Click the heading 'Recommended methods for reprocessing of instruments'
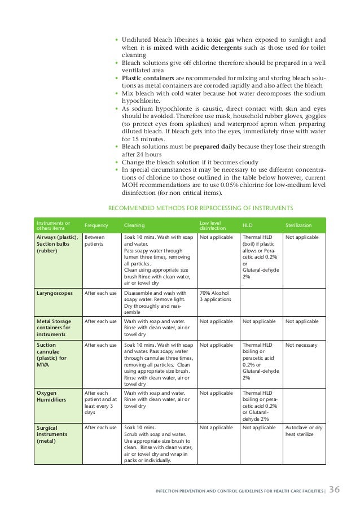click(200, 208)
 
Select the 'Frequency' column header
click(96, 225)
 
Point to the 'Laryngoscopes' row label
click(54, 293)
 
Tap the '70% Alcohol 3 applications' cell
click(213, 297)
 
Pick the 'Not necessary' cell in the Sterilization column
click(301, 345)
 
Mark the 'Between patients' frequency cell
click(95, 241)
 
